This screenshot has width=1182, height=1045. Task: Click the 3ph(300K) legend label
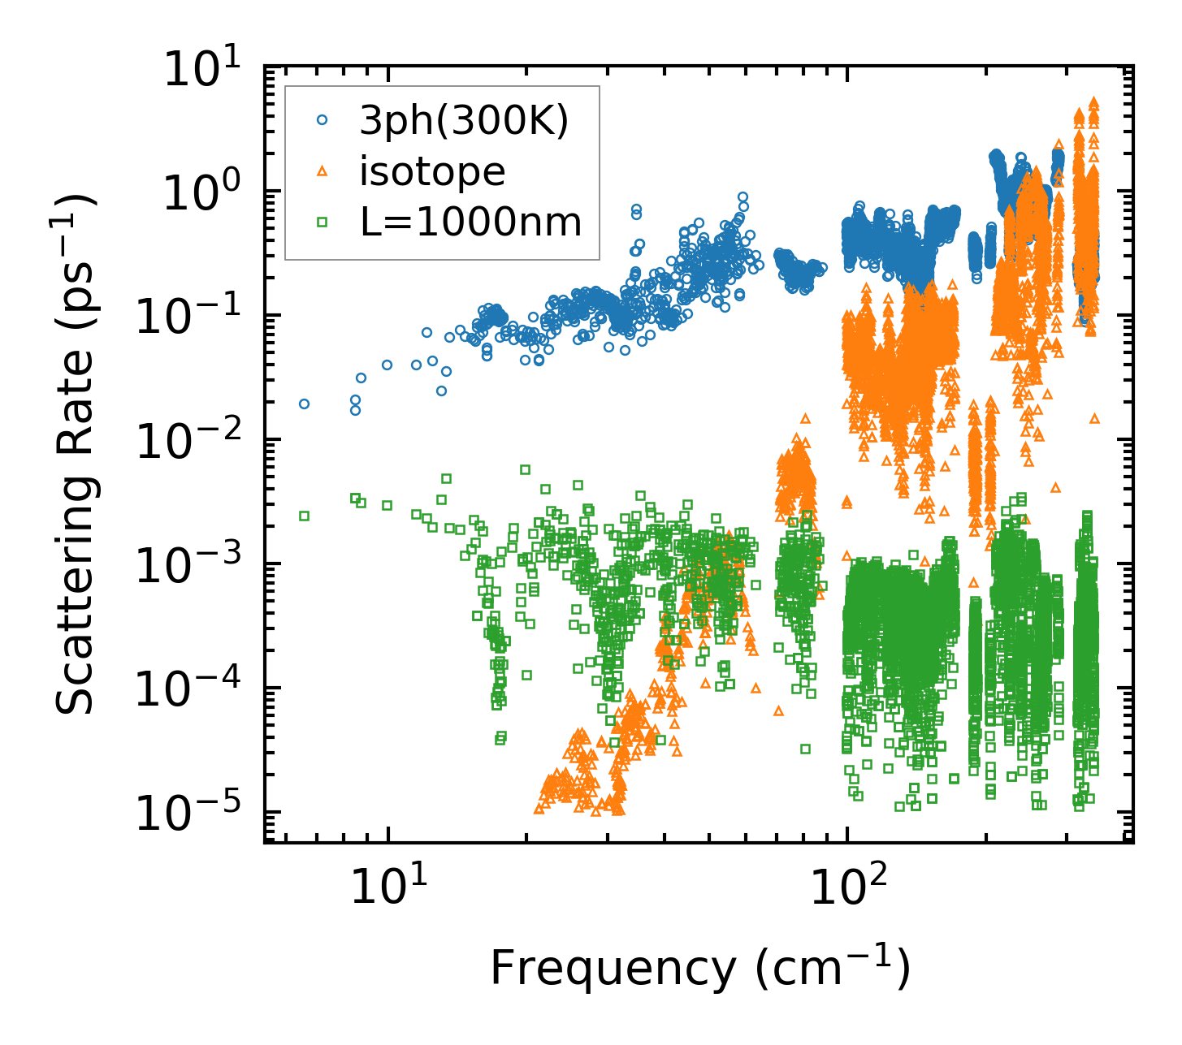(464, 122)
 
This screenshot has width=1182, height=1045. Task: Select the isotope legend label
(432, 171)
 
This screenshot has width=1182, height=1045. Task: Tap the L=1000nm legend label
(471, 221)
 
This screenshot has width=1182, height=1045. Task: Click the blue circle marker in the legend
(323, 120)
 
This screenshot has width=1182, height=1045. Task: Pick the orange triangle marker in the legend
(323, 171)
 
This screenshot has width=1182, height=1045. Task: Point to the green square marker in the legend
(323, 221)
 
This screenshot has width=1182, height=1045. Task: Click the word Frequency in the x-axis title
(611, 968)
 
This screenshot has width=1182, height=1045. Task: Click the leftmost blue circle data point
(304, 404)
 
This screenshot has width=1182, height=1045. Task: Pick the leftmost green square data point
(304, 516)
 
